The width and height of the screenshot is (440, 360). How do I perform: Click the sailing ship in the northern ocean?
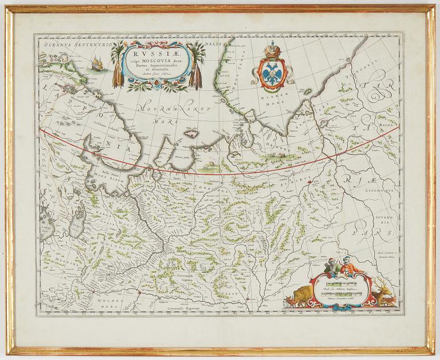tap(97, 62)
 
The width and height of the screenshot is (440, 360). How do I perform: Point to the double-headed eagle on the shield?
tap(272, 72)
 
